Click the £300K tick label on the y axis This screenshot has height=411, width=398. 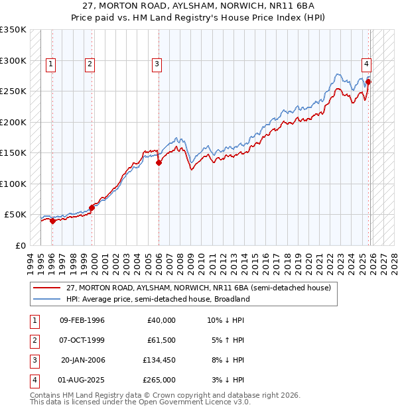click(x=13, y=60)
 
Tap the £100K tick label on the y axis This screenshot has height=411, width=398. click(x=13, y=184)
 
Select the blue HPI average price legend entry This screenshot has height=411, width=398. click(x=157, y=299)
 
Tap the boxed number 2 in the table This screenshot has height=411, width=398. click(x=33, y=340)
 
